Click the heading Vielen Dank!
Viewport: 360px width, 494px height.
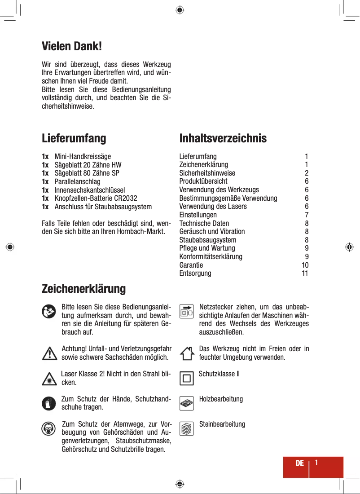coord(72,46)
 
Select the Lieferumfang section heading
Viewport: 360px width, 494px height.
coord(74,138)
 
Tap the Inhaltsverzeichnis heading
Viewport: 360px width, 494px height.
coord(223,138)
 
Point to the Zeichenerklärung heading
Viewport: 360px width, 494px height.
coord(83,288)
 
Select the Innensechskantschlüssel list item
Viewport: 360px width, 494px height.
coord(90,190)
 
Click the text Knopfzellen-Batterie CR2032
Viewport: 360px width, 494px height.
coord(96,198)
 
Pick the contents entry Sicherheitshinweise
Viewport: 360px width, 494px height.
coord(207,173)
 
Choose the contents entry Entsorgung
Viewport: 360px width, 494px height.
coord(195,273)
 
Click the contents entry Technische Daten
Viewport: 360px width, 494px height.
coord(204,223)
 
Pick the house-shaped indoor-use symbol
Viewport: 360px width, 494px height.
coord(187,353)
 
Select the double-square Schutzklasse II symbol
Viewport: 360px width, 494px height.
coord(187,378)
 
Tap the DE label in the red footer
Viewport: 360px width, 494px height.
coord(299,463)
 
